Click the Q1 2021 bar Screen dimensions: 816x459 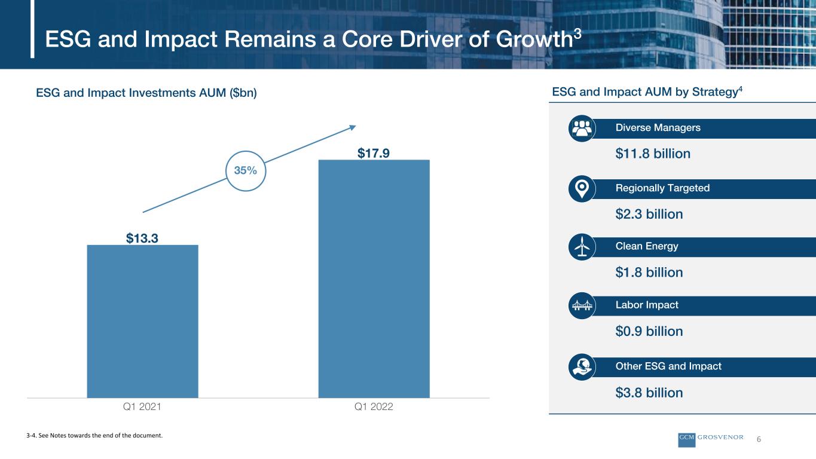coord(142,322)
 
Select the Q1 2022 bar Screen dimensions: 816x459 coord(374,279)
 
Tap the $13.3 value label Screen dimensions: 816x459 coord(142,238)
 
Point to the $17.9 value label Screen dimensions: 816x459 coord(374,153)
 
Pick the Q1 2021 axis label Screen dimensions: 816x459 coord(142,406)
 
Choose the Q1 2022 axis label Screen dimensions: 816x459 coord(374,406)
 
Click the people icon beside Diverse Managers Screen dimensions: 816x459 coord(582,128)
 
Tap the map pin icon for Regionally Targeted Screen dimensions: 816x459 coord(582,189)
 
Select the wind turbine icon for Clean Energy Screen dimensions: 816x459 coord(582,247)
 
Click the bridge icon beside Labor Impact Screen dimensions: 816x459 coord(582,305)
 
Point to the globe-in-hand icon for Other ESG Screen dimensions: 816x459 coord(582,367)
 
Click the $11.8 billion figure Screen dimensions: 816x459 coord(653,154)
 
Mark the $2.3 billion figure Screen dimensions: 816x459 coord(649,214)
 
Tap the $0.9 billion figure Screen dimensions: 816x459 coord(649,332)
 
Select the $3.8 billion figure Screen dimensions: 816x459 coord(649,393)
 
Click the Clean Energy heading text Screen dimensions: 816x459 coord(647,247)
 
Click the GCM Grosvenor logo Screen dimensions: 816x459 coord(711,439)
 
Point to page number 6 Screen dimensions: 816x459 coord(759,439)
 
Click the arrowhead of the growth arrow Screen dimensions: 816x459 coord(353,127)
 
